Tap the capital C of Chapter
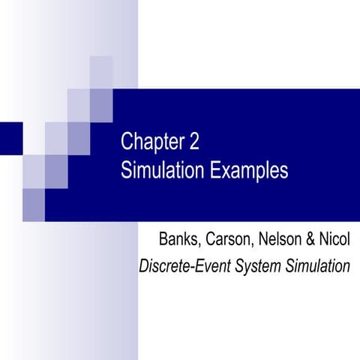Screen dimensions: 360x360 [x=127, y=143]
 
